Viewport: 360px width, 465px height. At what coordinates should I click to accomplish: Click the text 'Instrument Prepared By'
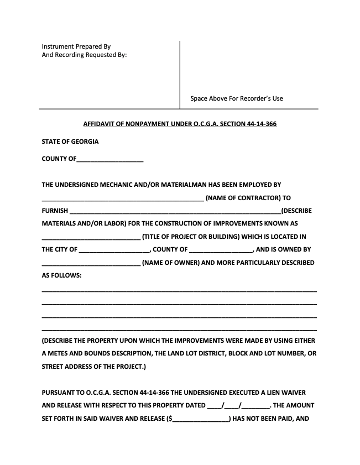click(76, 46)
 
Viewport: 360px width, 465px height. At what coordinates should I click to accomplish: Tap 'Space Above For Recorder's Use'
click(236, 98)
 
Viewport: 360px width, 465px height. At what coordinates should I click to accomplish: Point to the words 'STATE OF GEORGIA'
click(70, 142)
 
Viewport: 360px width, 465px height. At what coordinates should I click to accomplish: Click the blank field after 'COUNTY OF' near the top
click(110, 160)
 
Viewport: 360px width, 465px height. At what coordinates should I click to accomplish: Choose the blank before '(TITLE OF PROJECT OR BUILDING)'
click(91, 238)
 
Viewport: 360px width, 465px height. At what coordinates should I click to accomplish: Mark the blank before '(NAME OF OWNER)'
click(91, 264)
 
